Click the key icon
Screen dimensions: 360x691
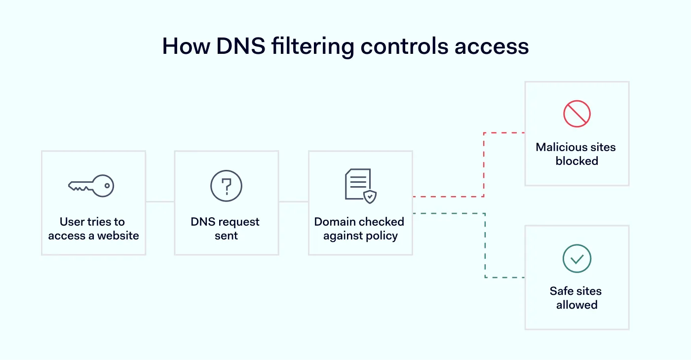[91, 186]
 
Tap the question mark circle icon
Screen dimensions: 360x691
[226, 186]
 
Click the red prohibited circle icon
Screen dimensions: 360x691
[576, 114]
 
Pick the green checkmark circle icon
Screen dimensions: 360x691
[576, 258]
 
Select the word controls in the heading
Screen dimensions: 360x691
[404, 46]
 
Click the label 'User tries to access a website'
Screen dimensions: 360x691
[93, 229]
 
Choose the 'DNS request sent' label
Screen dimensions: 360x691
[226, 229]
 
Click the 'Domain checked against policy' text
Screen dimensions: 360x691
[359, 229]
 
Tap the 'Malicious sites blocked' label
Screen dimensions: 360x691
[576, 154]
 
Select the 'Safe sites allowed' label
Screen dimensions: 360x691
[576, 298]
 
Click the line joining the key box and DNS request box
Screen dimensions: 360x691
[160, 201]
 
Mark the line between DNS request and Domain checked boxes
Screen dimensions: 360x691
[293, 201]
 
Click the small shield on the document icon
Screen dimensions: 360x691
[370, 197]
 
